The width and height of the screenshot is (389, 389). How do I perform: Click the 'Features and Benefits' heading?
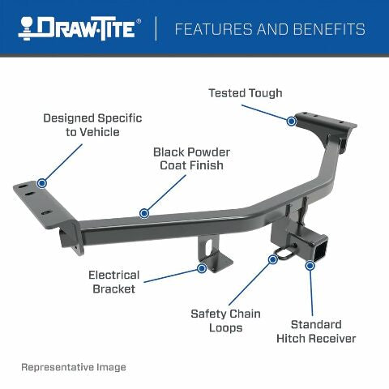(270, 30)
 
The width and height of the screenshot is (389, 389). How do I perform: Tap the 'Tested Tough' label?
(246, 93)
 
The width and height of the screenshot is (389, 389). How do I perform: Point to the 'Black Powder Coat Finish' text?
(190, 158)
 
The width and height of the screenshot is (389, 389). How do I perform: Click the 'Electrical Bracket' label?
(113, 281)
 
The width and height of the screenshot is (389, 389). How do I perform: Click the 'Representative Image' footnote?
(74, 367)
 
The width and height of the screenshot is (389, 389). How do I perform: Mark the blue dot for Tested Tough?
(291, 121)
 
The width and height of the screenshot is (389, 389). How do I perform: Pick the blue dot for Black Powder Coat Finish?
(144, 213)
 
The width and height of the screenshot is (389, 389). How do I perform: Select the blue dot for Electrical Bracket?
(201, 268)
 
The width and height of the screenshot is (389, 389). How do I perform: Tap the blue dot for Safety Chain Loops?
(272, 259)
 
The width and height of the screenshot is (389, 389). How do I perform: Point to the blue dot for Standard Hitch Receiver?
(309, 265)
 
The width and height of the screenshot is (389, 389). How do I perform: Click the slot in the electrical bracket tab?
(212, 245)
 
